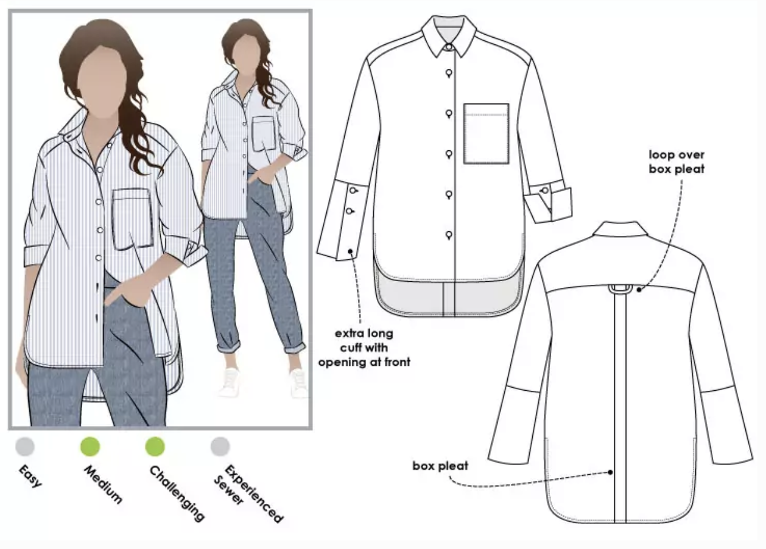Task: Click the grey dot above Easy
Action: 25,446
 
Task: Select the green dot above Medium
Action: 90,446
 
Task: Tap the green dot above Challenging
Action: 155,446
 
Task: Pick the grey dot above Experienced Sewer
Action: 220,446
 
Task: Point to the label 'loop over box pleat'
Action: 676,162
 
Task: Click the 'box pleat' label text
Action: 440,466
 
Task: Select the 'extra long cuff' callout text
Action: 364,348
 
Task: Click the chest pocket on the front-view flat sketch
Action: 487,134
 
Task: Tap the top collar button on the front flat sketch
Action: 449,47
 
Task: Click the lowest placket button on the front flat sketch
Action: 449,235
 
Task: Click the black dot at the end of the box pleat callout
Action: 610,472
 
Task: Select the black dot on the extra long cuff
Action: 351,251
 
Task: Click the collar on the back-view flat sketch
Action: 620,229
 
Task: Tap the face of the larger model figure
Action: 102,82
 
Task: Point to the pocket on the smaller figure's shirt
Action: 264,134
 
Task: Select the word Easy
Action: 30,476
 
